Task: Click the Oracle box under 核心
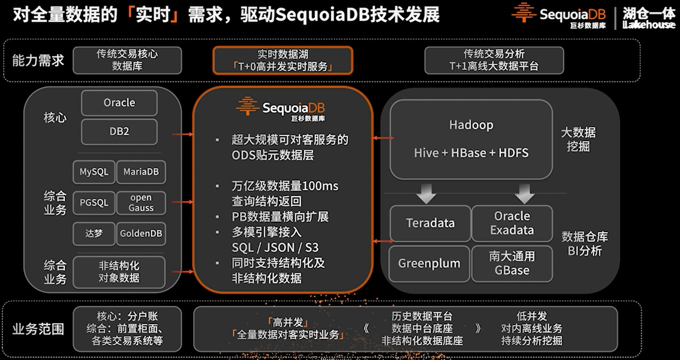click(x=119, y=103)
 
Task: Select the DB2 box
click(x=119, y=131)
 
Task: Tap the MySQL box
click(x=94, y=172)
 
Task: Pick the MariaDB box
click(x=141, y=172)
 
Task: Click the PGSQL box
click(x=94, y=203)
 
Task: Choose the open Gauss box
click(x=141, y=203)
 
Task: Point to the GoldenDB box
click(x=141, y=233)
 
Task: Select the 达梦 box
click(x=94, y=233)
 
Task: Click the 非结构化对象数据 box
click(x=119, y=272)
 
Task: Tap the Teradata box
click(x=430, y=223)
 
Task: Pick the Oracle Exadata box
click(x=512, y=223)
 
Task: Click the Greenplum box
click(x=429, y=264)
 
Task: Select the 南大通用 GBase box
click(x=512, y=263)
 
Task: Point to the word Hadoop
click(x=471, y=125)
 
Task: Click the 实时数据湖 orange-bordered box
click(x=283, y=60)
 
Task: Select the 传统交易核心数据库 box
click(x=127, y=60)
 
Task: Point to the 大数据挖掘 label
click(x=578, y=139)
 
